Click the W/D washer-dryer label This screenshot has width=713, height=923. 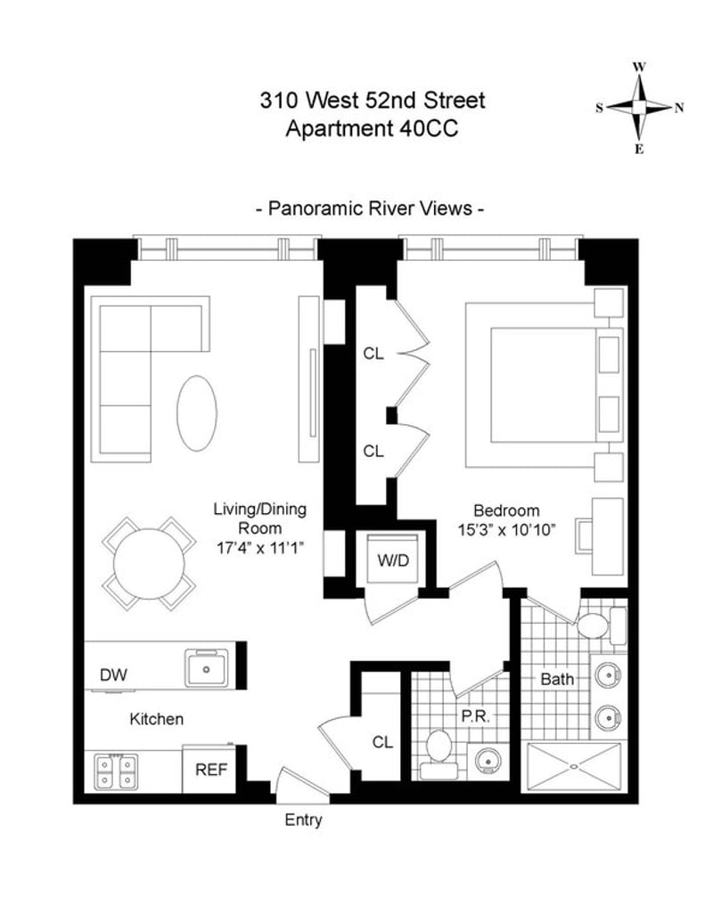tap(393, 560)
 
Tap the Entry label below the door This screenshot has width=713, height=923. tap(303, 820)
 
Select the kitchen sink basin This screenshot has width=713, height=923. tap(207, 667)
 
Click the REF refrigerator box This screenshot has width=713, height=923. tap(210, 770)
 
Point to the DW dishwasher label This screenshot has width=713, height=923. tap(113, 674)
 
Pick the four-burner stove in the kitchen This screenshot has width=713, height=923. tap(116, 772)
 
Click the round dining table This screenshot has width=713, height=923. tap(149, 563)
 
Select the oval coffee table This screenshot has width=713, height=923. tap(197, 413)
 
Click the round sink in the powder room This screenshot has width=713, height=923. tap(487, 762)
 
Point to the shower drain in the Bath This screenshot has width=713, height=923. tap(574, 766)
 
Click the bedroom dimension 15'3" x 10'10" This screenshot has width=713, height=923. tap(507, 530)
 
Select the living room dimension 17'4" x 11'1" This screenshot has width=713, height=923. tap(259, 548)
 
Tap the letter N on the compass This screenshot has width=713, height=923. tap(679, 108)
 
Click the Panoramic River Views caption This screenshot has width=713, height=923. tap(371, 208)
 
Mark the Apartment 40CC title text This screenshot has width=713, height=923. tap(373, 127)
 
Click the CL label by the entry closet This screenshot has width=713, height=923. tap(382, 742)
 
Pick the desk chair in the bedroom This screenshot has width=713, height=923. tap(584, 535)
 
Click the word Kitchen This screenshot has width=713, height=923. tap(157, 719)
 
